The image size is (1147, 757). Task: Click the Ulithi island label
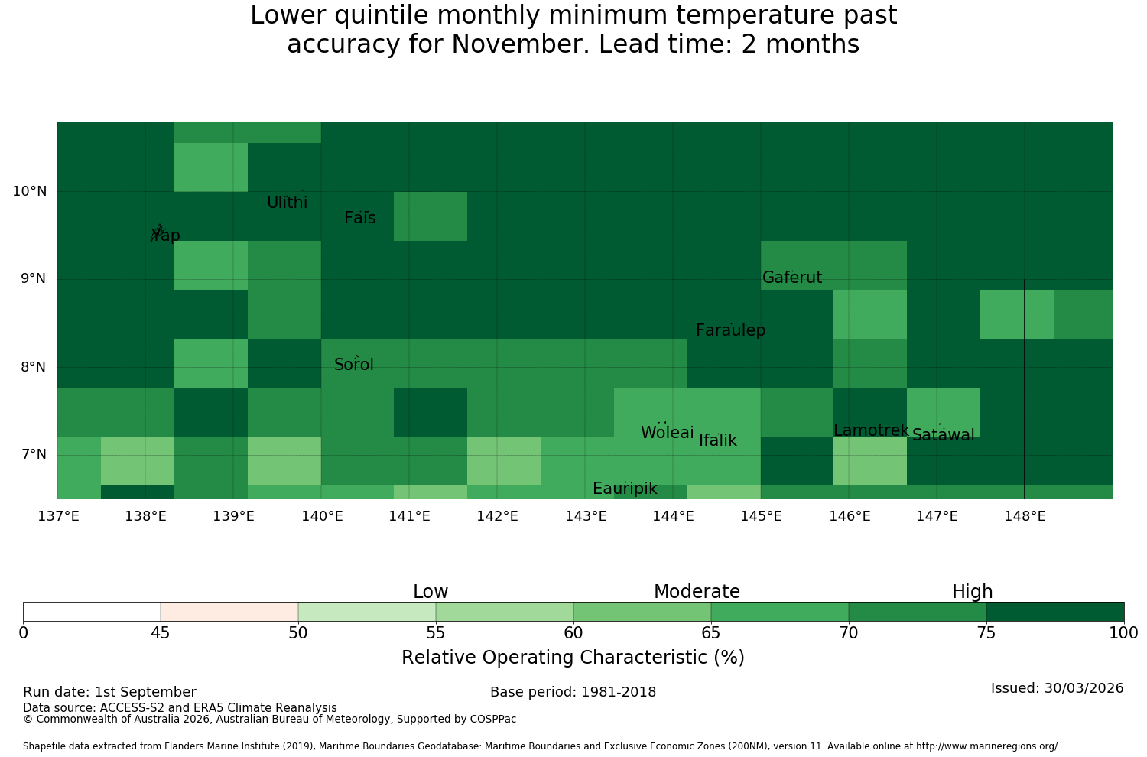(288, 203)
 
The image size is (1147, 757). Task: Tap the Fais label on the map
(360, 218)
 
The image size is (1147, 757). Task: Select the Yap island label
(165, 235)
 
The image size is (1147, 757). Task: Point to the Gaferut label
(792, 278)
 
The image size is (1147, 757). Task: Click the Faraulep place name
(731, 330)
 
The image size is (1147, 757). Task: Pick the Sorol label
(354, 365)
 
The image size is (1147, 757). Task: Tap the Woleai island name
(668, 432)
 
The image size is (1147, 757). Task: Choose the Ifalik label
(718, 440)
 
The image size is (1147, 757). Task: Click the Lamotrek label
(872, 430)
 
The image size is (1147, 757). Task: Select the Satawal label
(943, 435)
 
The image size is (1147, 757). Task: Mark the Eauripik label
(625, 489)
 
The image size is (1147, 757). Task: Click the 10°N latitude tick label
(30, 192)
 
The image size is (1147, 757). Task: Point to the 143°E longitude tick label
(586, 516)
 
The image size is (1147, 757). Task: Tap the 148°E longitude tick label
(1025, 516)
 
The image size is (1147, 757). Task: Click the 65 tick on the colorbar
(710, 633)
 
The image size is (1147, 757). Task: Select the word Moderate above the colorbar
(697, 592)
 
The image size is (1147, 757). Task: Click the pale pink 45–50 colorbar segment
(229, 612)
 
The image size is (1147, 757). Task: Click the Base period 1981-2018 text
(573, 692)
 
